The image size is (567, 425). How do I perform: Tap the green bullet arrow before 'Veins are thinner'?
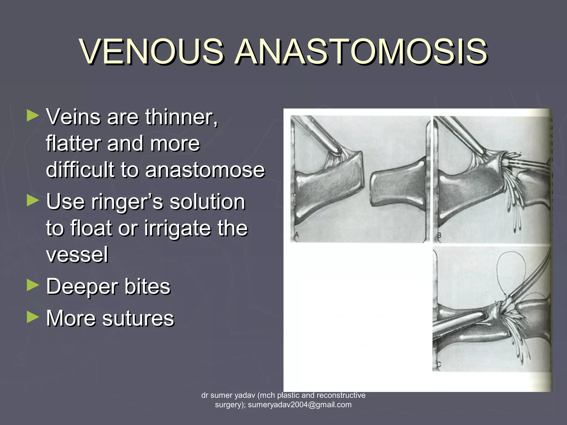point(33,116)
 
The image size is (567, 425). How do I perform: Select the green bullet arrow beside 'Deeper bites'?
point(33,285)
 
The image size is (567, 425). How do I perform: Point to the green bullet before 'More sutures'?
point(33,317)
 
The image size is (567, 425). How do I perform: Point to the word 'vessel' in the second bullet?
point(77,254)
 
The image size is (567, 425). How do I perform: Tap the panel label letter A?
point(297,235)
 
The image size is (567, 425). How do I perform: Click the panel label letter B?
point(439,236)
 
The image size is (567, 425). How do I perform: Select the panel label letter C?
point(439,365)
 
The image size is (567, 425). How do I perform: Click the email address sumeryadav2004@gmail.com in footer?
point(300,405)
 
